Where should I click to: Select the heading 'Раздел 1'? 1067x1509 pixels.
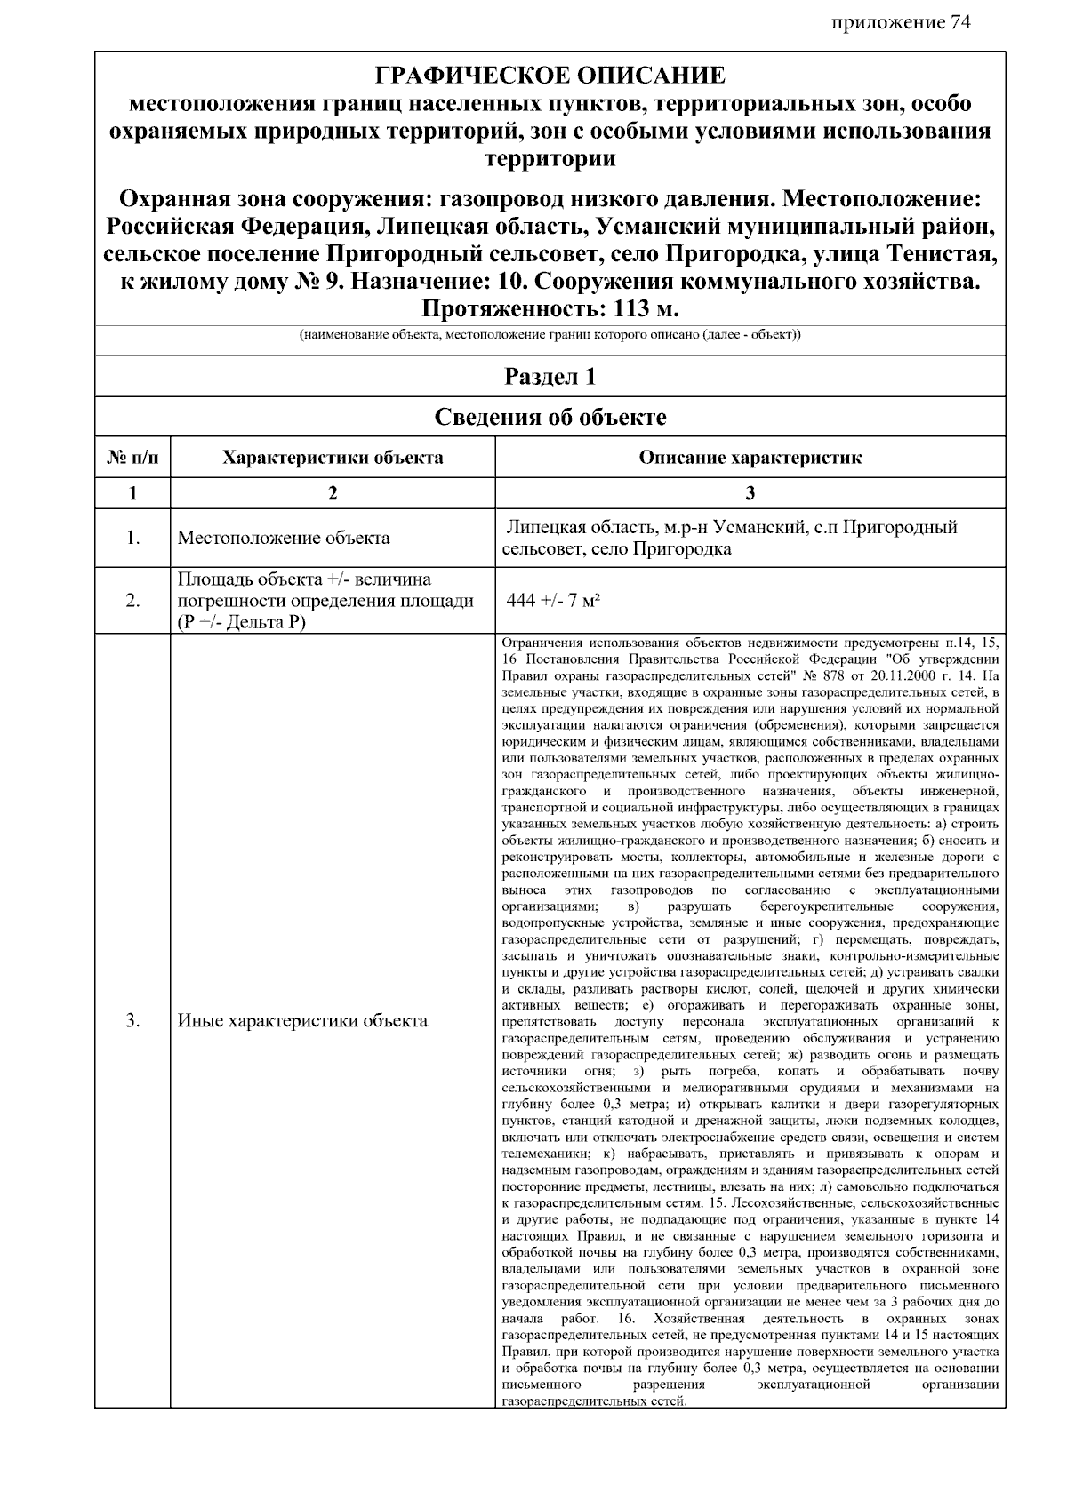(x=550, y=377)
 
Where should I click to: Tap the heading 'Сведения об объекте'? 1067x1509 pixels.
(x=550, y=417)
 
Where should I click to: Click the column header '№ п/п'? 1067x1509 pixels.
(x=132, y=459)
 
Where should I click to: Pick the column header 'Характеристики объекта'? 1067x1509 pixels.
(x=333, y=459)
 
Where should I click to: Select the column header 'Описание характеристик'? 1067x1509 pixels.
(x=750, y=459)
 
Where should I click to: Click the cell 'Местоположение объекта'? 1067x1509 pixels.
(x=283, y=538)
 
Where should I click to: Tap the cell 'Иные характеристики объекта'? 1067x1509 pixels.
(x=302, y=1020)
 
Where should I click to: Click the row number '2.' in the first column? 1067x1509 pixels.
(x=132, y=601)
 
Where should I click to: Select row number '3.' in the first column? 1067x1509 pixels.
(x=132, y=1020)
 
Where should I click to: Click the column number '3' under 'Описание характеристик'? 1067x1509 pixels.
(x=750, y=493)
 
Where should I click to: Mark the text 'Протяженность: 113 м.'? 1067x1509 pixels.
(x=550, y=309)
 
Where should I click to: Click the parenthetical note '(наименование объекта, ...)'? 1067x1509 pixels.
(x=550, y=336)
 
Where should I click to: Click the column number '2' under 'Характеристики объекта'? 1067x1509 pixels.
(x=333, y=493)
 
